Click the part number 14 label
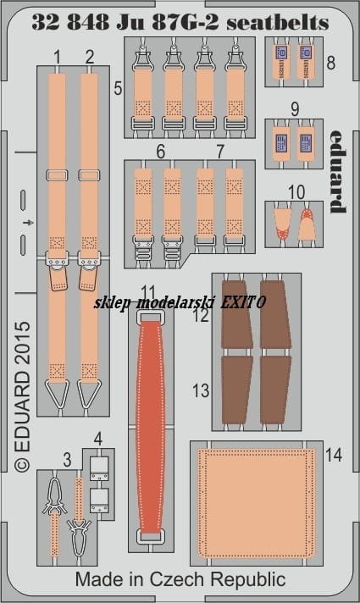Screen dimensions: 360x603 [334, 455]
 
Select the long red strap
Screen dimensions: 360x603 [151, 426]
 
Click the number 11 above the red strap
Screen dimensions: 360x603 [148, 293]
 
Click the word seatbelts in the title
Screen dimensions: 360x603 [278, 23]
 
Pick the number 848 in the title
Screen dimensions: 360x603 [88, 23]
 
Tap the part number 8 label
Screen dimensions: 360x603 [330, 63]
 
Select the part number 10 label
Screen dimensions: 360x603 [296, 192]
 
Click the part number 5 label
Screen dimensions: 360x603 [118, 88]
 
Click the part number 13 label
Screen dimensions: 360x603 [201, 390]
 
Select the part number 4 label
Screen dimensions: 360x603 [98, 440]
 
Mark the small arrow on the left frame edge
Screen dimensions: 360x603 [29, 223]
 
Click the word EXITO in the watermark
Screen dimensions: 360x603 [243, 302]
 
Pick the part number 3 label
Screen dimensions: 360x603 [67, 460]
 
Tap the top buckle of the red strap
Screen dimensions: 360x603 [150, 315]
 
